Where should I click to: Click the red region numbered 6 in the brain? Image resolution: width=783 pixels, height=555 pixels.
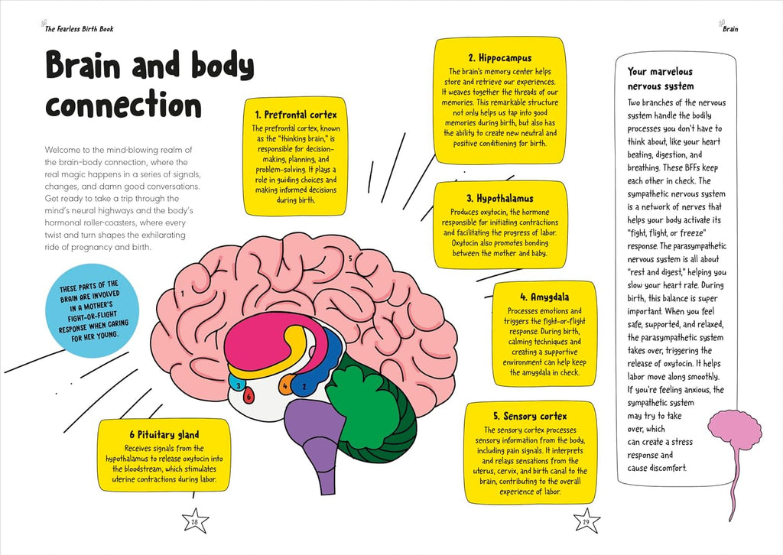(249, 396)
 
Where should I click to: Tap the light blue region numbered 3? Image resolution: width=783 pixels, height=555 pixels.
(237, 383)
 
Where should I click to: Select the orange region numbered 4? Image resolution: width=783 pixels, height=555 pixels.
(285, 385)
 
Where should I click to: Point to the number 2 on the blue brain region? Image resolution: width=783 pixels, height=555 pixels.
(304, 386)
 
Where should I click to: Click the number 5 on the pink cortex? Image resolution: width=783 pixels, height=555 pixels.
(350, 258)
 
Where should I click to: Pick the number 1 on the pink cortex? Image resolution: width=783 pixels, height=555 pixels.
(183, 294)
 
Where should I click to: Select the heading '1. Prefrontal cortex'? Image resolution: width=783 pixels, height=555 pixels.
(296, 115)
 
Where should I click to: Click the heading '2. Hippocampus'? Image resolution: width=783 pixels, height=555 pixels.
(500, 58)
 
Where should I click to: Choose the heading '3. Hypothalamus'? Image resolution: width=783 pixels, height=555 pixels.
(500, 198)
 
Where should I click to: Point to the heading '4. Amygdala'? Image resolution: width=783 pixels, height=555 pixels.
(544, 297)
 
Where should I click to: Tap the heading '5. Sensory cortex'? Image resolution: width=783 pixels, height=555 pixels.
(530, 416)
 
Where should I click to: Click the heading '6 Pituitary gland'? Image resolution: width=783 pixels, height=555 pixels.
(164, 435)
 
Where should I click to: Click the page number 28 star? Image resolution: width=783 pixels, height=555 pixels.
(194, 521)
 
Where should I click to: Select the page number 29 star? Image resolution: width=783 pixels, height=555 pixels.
(586, 521)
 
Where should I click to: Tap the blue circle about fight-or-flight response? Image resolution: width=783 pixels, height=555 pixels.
(92, 311)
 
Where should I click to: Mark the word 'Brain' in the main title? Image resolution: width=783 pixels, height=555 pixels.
(83, 66)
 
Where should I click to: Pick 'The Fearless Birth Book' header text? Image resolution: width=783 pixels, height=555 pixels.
(79, 29)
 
